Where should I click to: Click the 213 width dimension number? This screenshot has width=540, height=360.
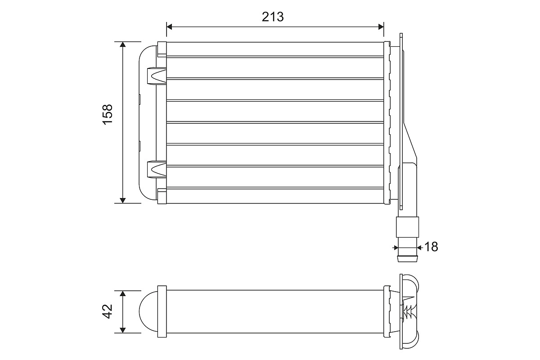tap(273, 17)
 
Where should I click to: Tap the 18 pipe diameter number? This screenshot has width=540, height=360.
tap(431, 247)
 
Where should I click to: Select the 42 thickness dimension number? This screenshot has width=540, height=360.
tap(107, 311)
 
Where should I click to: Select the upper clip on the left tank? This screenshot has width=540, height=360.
tap(157, 76)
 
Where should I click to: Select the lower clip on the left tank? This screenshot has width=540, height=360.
tap(157, 168)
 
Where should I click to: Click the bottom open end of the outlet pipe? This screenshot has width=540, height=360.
tap(407, 260)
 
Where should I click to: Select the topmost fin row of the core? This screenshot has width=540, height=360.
tap(274, 49)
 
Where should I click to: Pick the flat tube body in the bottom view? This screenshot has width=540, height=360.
tap(274, 311)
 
